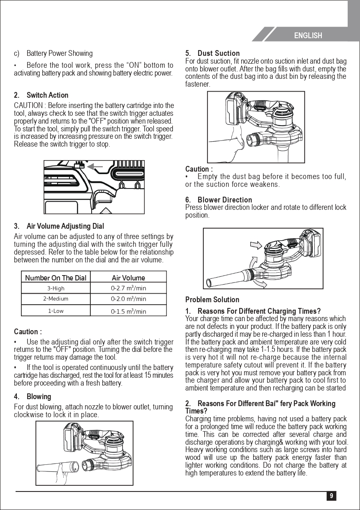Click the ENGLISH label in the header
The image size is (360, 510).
(308, 36)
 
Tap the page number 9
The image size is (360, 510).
(331, 496)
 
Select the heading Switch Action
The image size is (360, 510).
(47, 95)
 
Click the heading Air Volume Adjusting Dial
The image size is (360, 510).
(65, 226)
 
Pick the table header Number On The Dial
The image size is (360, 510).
(55, 278)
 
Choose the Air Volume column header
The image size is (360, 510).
(128, 278)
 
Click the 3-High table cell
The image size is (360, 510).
(55, 288)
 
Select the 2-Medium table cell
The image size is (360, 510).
(55, 299)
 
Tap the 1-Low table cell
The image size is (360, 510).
(55, 311)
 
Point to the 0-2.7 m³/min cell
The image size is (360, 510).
(128, 288)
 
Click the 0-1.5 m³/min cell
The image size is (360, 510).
(128, 311)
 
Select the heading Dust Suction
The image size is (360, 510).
(218, 53)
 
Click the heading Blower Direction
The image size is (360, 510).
(224, 200)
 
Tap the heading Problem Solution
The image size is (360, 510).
(212, 300)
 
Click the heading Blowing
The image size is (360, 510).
(39, 397)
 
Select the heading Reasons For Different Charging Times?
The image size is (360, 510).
(259, 311)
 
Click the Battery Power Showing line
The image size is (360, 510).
(59, 53)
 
